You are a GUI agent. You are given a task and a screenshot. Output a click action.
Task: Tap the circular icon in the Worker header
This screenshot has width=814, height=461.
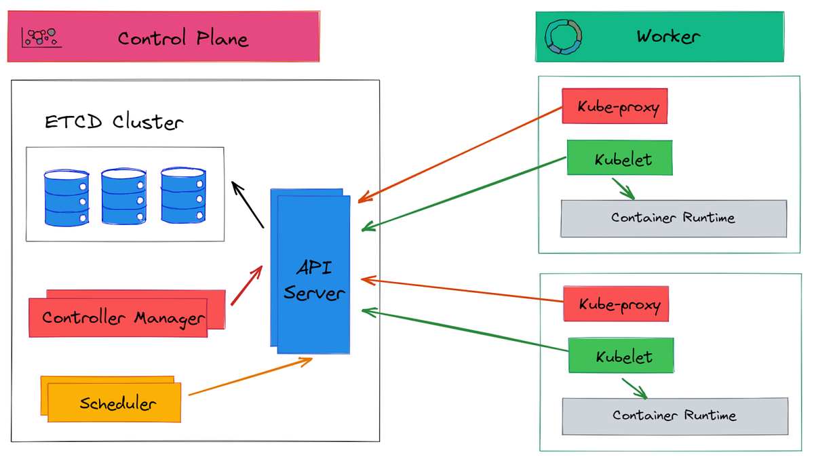click(x=564, y=37)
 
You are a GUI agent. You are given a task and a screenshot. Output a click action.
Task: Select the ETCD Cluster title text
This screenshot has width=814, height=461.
click(x=113, y=122)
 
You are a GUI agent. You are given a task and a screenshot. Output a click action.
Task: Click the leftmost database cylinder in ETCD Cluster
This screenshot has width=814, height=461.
click(x=66, y=197)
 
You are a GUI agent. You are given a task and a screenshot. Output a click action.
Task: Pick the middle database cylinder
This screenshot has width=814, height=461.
click(x=123, y=197)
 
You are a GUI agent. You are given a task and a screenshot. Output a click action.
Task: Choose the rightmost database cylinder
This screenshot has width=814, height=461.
click(x=182, y=196)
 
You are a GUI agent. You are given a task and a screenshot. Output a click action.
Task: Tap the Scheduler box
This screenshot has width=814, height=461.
click(x=117, y=403)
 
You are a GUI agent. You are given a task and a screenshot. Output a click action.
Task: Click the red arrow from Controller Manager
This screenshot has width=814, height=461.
click(x=246, y=285)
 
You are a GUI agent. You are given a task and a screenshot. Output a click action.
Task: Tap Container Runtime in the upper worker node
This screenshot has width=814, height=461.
click(x=673, y=218)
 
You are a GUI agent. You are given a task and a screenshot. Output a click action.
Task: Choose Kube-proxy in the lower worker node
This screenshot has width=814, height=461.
click(x=618, y=304)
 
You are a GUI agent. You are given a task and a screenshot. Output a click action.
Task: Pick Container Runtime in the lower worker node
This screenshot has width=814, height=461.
click(x=674, y=416)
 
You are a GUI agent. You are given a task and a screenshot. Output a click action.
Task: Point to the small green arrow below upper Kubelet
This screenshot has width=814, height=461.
click(x=623, y=189)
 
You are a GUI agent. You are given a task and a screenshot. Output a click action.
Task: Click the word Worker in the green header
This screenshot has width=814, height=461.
click(x=667, y=37)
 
